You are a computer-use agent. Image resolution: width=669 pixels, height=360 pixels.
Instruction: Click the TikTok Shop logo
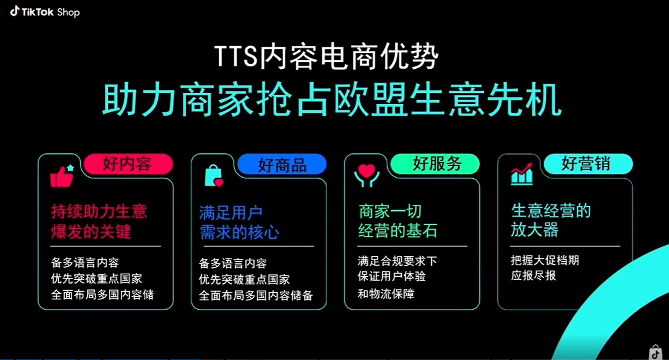[x=45, y=12]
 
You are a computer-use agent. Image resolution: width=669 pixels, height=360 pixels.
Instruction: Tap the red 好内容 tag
[x=127, y=164]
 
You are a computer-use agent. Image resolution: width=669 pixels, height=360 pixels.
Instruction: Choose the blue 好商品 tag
[x=282, y=165]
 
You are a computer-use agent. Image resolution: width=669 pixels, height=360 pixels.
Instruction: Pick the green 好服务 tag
[x=436, y=164]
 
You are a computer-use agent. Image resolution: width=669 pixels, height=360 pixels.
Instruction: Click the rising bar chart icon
[x=522, y=174]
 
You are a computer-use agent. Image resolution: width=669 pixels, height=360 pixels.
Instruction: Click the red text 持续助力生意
[x=99, y=212]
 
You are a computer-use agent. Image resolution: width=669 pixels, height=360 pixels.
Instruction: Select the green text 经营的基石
[x=398, y=231]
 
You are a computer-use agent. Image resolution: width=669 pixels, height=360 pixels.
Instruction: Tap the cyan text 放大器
[x=534, y=230]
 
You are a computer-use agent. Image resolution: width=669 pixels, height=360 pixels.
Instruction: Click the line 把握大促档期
[x=545, y=260]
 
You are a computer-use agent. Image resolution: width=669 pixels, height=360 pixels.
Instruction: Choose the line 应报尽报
[x=533, y=276]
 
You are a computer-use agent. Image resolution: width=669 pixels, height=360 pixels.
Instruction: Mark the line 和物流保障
[x=386, y=294]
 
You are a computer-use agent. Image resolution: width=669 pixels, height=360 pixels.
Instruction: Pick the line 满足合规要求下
[x=397, y=261]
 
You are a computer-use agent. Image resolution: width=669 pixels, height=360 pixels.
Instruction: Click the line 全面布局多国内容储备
[x=256, y=295]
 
